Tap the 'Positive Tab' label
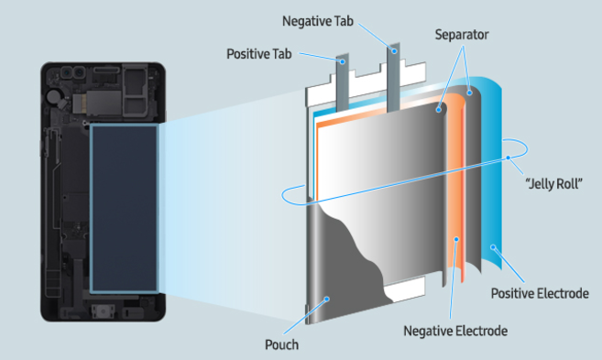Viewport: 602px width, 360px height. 259,53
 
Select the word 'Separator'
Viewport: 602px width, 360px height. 462,35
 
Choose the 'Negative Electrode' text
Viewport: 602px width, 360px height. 454,329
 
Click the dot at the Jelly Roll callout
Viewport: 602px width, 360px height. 506,157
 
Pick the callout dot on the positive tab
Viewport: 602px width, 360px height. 344,63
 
